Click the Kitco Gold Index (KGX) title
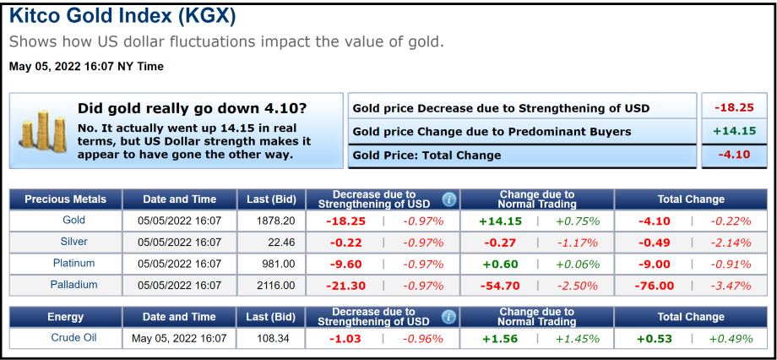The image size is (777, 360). (122, 16)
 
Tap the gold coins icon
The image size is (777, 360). (39, 131)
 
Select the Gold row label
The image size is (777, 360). (74, 221)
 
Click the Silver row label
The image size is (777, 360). (74, 242)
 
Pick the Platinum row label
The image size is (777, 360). (74, 264)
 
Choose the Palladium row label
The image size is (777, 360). (74, 285)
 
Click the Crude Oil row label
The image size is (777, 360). (74, 338)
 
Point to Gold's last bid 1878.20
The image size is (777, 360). (276, 221)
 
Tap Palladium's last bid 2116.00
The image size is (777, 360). (276, 286)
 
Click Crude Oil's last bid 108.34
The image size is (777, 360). (276, 339)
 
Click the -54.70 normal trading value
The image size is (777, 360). (500, 286)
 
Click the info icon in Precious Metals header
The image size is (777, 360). (448, 199)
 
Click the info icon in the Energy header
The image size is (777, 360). (448, 317)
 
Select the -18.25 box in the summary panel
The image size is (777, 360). (734, 108)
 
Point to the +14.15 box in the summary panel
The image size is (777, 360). (734, 131)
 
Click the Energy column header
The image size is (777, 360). (66, 317)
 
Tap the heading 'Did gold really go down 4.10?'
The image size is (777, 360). (192, 108)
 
